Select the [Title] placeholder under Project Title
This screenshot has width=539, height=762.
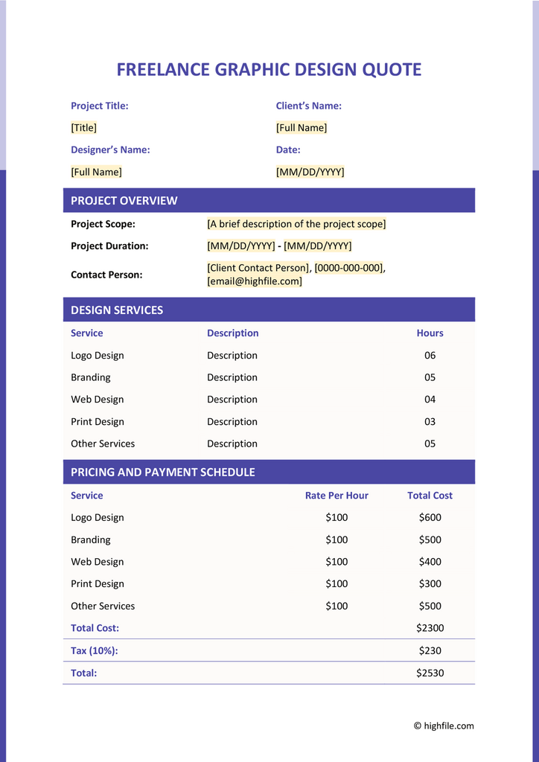(83, 128)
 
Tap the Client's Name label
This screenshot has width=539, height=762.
(308, 106)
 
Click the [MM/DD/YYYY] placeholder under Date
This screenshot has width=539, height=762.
(310, 172)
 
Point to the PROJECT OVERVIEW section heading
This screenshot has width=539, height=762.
(124, 200)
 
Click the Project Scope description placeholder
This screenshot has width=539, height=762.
(296, 224)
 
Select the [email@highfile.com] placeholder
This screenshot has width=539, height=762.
(254, 281)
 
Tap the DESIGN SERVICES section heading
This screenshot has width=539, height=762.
(116, 310)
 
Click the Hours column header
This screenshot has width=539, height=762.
(430, 333)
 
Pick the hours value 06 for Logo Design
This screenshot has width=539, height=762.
(430, 356)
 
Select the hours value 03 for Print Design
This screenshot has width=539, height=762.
(430, 422)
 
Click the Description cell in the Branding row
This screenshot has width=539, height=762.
(232, 377)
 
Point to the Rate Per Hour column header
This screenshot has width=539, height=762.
(337, 496)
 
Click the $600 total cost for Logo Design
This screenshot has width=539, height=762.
(430, 518)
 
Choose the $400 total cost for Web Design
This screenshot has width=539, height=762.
(430, 562)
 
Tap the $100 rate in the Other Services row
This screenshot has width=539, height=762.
(337, 606)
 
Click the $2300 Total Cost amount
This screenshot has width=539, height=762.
(430, 628)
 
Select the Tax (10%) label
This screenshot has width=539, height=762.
(94, 650)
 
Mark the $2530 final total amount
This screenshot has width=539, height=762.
(430, 673)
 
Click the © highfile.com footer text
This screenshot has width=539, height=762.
(444, 726)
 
